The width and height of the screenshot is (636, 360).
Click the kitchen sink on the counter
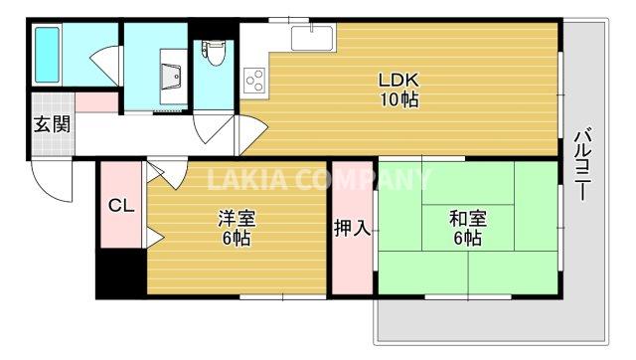311,40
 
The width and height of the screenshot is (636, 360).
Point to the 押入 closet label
353,228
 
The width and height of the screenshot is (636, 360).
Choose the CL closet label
121,206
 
